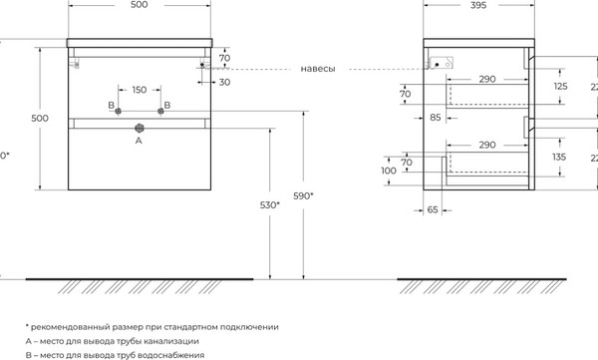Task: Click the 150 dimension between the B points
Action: (x=139, y=90)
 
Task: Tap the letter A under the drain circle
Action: (x=139, y=142)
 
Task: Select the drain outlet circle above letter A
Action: (x=139, y=128)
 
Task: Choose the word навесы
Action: (x=317, y=69)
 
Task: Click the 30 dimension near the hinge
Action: (x=224, y=82)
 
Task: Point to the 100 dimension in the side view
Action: (x=388, y=172)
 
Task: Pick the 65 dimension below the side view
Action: (x=433, y=211)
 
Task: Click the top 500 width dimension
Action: (x=139, y=7)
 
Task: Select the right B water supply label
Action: (x=166, y=105)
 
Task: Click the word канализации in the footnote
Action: (x=236, y=340)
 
